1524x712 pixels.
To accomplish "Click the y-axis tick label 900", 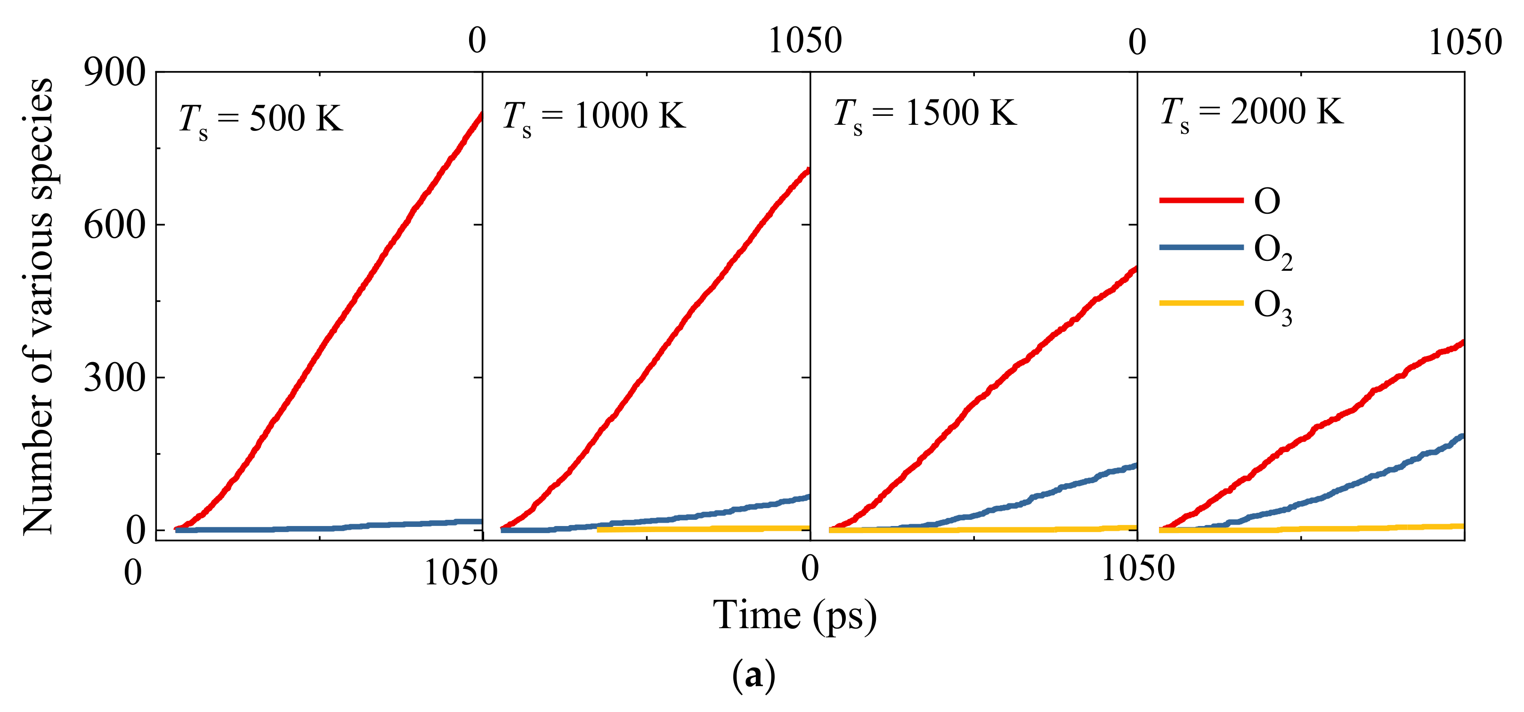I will point(114,73).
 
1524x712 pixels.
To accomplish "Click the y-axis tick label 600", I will point(114,225).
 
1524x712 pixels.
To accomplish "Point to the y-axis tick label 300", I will point(114,377).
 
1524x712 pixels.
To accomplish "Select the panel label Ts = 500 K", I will point(260,120).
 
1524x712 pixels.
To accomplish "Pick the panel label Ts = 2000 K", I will point(1251,113).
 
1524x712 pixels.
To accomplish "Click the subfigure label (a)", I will point(753,675).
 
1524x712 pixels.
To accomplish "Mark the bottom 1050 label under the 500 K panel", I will point(461,573).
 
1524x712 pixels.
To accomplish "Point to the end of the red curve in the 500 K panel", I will point(481,114).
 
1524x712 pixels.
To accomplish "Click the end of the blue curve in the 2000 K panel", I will point(1462,437).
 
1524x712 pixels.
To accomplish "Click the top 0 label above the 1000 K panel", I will point(477,41).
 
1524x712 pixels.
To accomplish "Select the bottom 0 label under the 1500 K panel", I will point(810,569).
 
